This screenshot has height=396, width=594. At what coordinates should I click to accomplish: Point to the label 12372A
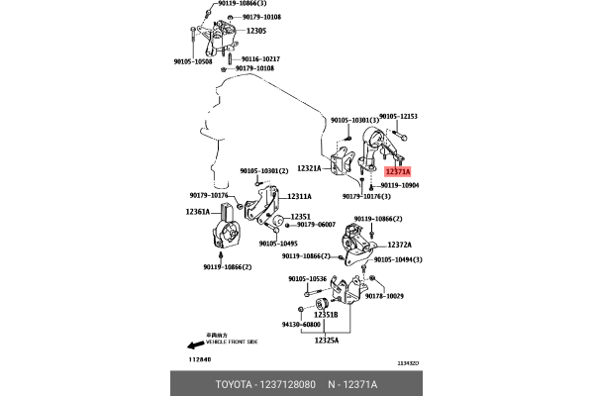tap(400, 244)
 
